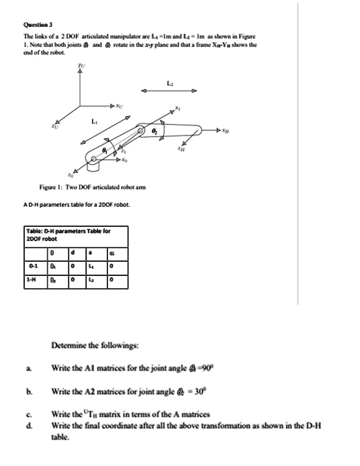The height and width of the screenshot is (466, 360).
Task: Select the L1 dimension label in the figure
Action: click(x=93, y=122)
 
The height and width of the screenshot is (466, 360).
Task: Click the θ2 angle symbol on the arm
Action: click(x=156, y=133)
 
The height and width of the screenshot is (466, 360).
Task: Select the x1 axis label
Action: click(x=177, y=109)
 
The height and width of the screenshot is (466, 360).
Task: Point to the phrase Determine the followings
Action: click(x=85, y=346)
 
